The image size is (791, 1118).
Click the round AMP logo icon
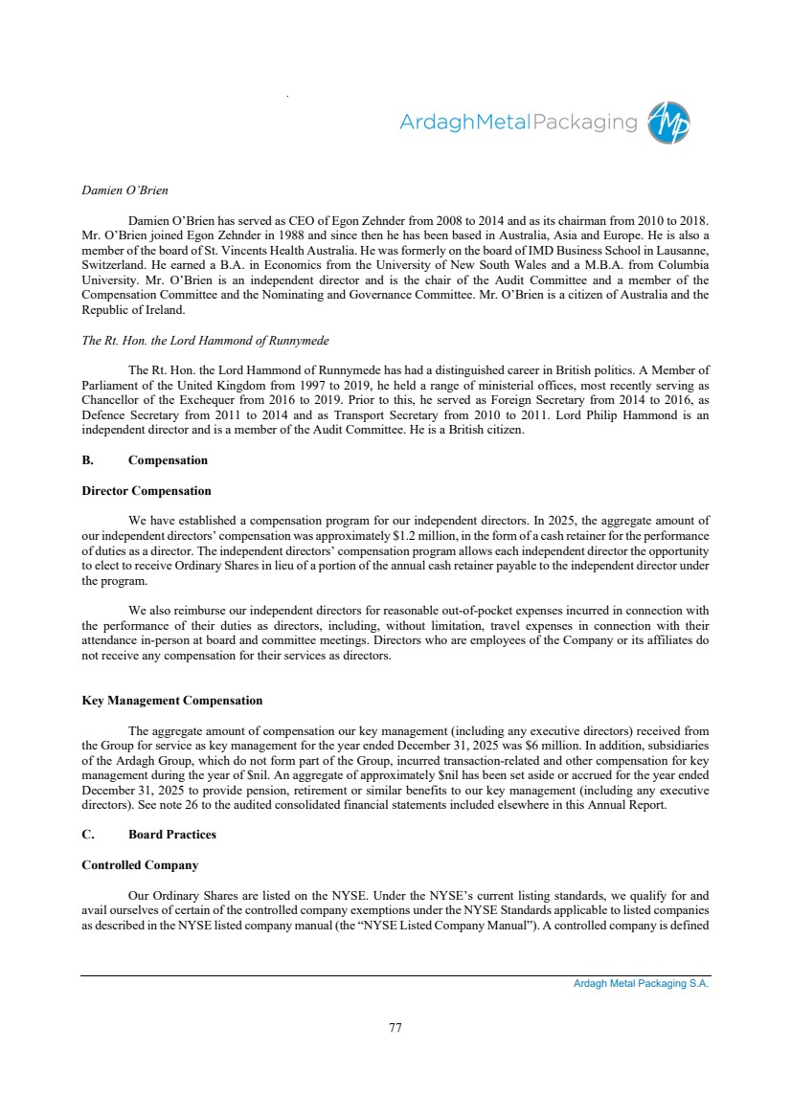click(x=668, y=123)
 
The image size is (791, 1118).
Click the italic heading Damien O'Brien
click(x=125, y=190)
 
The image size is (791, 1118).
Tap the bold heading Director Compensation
click(x=147, y=491)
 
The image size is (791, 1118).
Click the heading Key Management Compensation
click(x=172, y=702)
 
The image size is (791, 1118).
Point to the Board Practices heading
click(x=172, y=835)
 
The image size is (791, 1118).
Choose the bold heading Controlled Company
click(x=140, y=865)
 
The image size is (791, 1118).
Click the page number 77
click(x=395, y=1028)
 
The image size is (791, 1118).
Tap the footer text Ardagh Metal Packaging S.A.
click(x=635, y=984)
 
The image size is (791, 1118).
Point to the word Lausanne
click(x=680, y=251)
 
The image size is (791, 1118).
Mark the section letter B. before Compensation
click(x=87, y=460)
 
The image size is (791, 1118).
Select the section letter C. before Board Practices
click(x=87, y=835)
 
